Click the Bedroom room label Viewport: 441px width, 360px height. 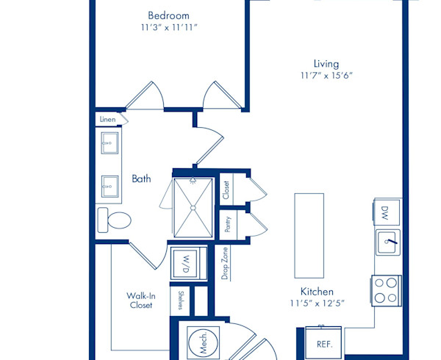[x=168, y=15]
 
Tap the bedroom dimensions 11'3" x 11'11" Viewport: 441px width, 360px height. [x=169, y=27]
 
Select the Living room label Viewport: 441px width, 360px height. [x=326, y=64]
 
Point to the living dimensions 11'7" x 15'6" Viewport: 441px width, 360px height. [x=326, y=76]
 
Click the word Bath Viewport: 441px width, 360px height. [x=141, y=179]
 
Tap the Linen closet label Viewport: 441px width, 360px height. [x=107, y=120]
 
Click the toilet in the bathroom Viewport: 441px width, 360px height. [x=114, y=220]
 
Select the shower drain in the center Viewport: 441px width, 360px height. [x=193, y=208]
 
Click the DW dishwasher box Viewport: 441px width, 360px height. [x=387, y=212]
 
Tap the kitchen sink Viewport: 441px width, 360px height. [x=388, y=242]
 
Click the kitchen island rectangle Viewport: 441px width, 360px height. [x=309, y=236]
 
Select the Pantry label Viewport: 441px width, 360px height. [x=228, y=224]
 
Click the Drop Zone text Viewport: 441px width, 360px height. [x=225, y=263]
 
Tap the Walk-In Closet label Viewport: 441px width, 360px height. [x=141, y=300]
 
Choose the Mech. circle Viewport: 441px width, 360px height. [x=204, y=342]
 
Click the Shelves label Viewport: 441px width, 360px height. [x=181, y=300]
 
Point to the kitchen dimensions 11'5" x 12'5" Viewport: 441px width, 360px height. [x=318, y=303]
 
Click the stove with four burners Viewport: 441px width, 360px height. [x=387, y=291]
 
